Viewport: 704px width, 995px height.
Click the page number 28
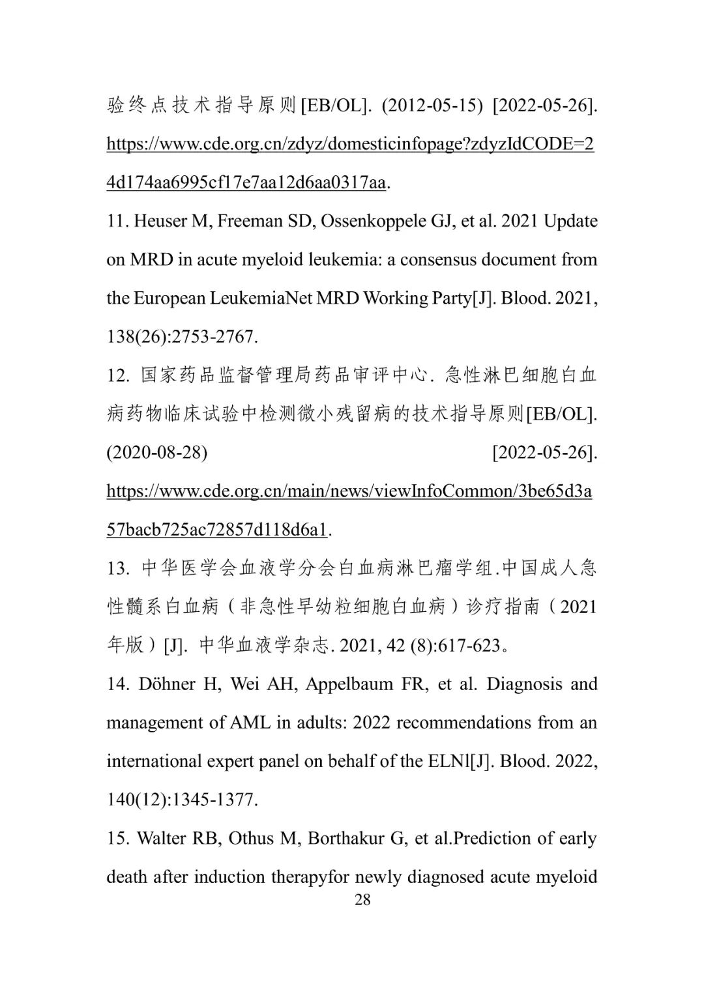362,900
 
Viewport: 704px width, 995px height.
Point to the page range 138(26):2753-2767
183,337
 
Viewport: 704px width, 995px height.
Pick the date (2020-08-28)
157,452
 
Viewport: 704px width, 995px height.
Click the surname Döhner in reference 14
166,684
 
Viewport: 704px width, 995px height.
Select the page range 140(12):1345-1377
183,800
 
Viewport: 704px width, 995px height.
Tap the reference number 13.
117,569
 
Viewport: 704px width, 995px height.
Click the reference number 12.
117,376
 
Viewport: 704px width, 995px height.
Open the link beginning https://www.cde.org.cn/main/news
349,491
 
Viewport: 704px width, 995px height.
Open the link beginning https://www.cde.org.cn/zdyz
350,144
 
